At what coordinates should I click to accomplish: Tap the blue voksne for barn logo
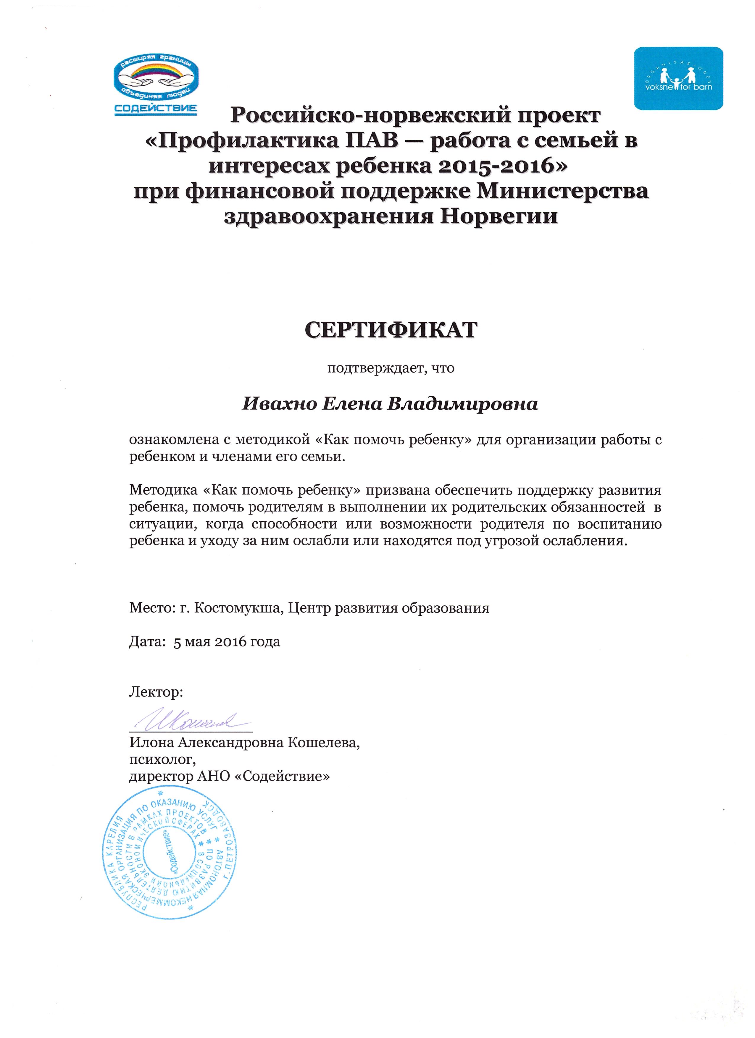pos(678,78)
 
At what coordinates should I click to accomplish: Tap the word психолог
pos(162,760)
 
